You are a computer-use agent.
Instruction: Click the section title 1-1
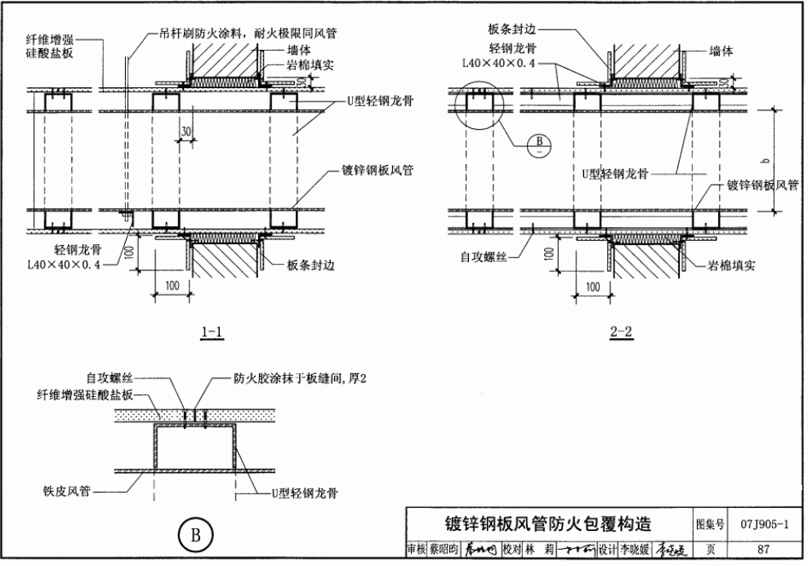click(x=212, y=332)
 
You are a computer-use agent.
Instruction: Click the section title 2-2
click(x=621, y=332)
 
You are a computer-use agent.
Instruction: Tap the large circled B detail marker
click(x=195, y=536)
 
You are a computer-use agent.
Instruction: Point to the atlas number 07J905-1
click(x=765, y=524)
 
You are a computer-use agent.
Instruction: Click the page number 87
click(x=763, y=550)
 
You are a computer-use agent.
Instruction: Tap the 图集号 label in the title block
click(x=709, y=524)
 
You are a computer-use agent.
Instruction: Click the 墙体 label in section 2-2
click(x=721, y=51)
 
